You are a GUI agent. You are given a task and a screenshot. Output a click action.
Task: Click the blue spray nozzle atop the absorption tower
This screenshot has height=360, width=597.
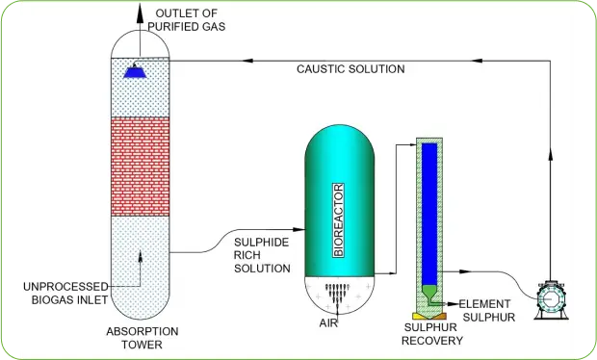[135, 69]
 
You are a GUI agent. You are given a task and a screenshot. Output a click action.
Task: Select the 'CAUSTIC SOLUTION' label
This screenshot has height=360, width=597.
[350, 69]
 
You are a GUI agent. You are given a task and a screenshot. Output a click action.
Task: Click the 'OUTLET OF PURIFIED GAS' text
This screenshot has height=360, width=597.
[189, 18]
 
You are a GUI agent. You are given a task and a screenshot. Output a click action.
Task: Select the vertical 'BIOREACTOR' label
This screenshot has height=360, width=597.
[338, 211]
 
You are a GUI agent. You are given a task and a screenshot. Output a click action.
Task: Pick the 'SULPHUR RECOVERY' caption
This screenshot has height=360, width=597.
[432, 334]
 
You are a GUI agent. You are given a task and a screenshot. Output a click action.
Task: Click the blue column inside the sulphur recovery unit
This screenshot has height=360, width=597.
[429, 212]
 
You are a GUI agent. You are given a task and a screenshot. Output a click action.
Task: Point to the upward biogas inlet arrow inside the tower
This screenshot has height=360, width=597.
[142, 256]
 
